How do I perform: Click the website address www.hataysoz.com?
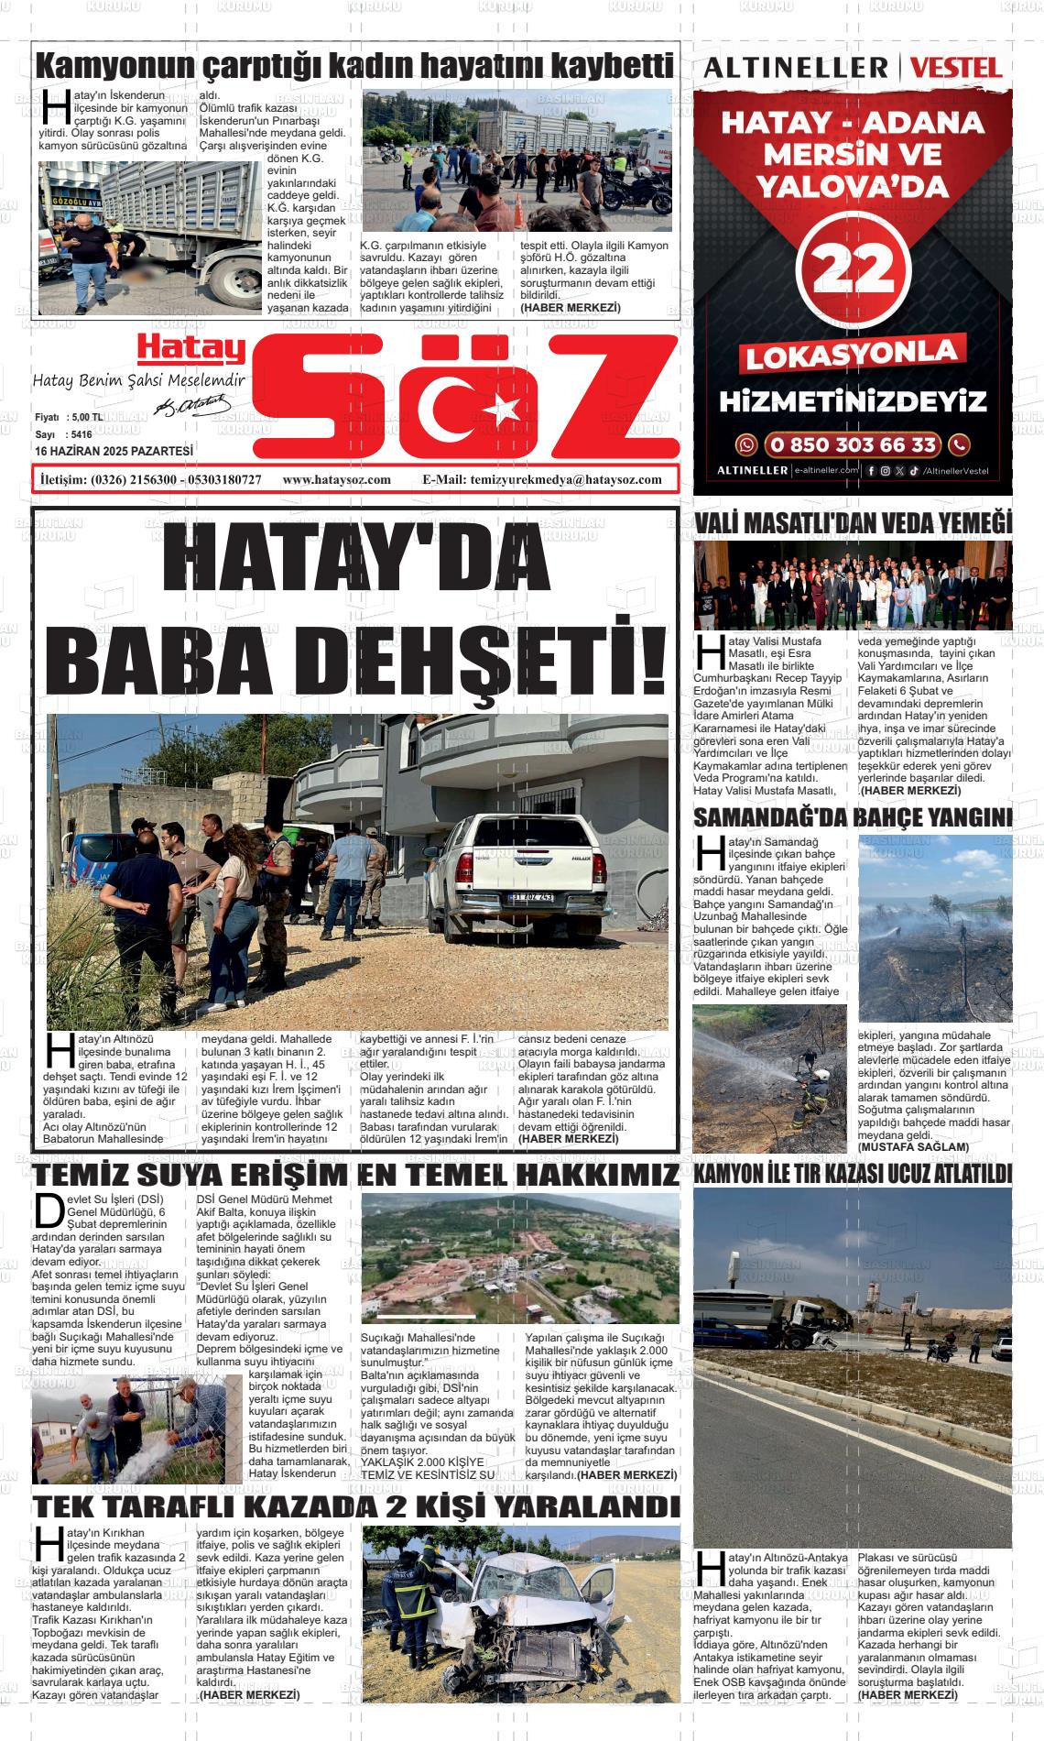click(337, 479)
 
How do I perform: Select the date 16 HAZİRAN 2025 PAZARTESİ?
click(114, 452)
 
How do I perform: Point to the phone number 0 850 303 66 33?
click(852, 445)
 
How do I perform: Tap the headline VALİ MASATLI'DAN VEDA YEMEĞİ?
click(853, 523)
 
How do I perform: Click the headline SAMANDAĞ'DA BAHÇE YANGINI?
click(853, 817)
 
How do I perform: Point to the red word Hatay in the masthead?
click(191, 349)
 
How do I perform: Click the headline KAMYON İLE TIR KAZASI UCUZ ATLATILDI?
click(853, 1174)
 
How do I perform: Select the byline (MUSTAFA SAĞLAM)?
click(913, 1147)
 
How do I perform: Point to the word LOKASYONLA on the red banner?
click(852, 354)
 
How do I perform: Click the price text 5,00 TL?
click(84, 417)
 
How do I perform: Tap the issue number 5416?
click(82, 434)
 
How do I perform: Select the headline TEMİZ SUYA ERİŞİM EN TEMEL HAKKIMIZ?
click(356, 1175)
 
